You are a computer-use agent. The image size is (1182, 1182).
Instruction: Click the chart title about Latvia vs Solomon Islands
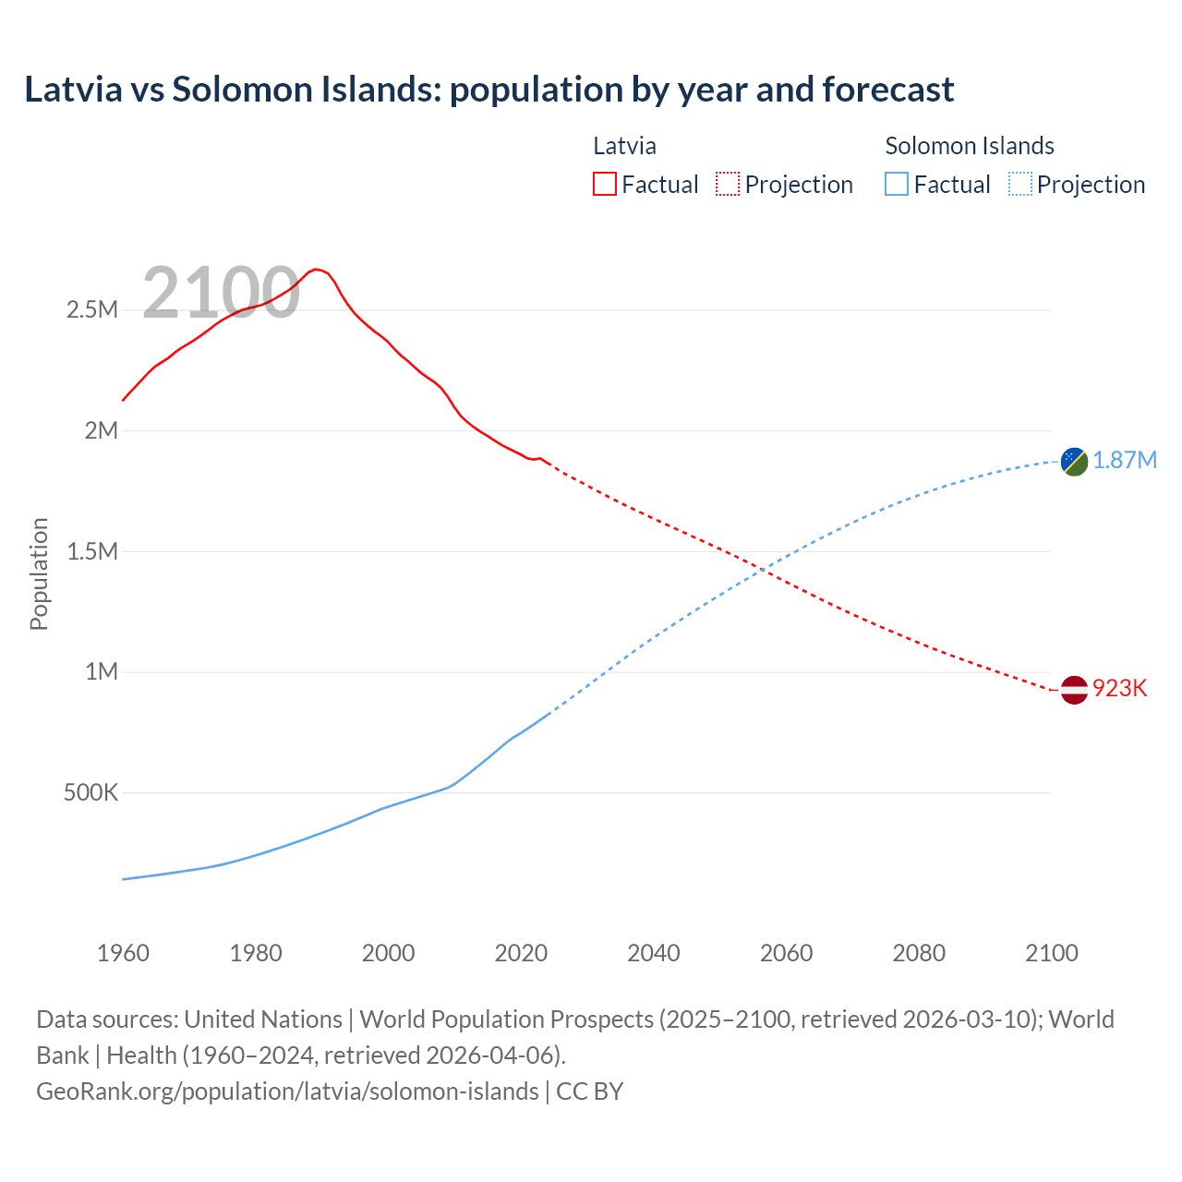pos(488,90)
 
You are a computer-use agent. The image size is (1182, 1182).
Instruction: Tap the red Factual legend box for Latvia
pos(604,184)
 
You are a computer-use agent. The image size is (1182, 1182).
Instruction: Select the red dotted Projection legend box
pos(727,184)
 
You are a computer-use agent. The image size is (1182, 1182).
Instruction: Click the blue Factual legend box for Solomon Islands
pos(896,184)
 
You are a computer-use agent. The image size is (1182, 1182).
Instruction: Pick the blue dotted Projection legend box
pos(1019,184)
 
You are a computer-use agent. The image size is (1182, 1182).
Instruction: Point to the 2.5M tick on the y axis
pos(91,309)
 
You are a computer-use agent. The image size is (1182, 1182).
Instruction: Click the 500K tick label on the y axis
pos(90,792)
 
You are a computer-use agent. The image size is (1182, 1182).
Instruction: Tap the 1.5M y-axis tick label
pos(91,551)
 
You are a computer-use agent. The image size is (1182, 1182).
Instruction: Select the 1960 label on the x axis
pos(123,953)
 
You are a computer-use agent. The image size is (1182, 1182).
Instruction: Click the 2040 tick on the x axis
pos(654,953)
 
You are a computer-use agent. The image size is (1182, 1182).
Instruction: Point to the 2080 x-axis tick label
pos(919,953)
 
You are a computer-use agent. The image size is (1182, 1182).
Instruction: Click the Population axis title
pos(39,573)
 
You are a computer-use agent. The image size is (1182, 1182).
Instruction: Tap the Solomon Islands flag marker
pos(1074,460)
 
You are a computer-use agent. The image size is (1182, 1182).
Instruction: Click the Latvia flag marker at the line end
pos(1074,689)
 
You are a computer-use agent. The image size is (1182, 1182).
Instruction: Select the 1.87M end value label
pos(1125,460)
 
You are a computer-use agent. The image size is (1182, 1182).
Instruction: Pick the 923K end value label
pos(1119,689)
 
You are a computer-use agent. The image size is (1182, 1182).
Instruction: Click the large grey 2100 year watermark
pos(221,293)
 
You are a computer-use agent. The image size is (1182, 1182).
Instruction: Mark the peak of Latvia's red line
pos(315,269)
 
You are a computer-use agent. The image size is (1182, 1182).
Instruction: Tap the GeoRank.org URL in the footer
pos(287,1091)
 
